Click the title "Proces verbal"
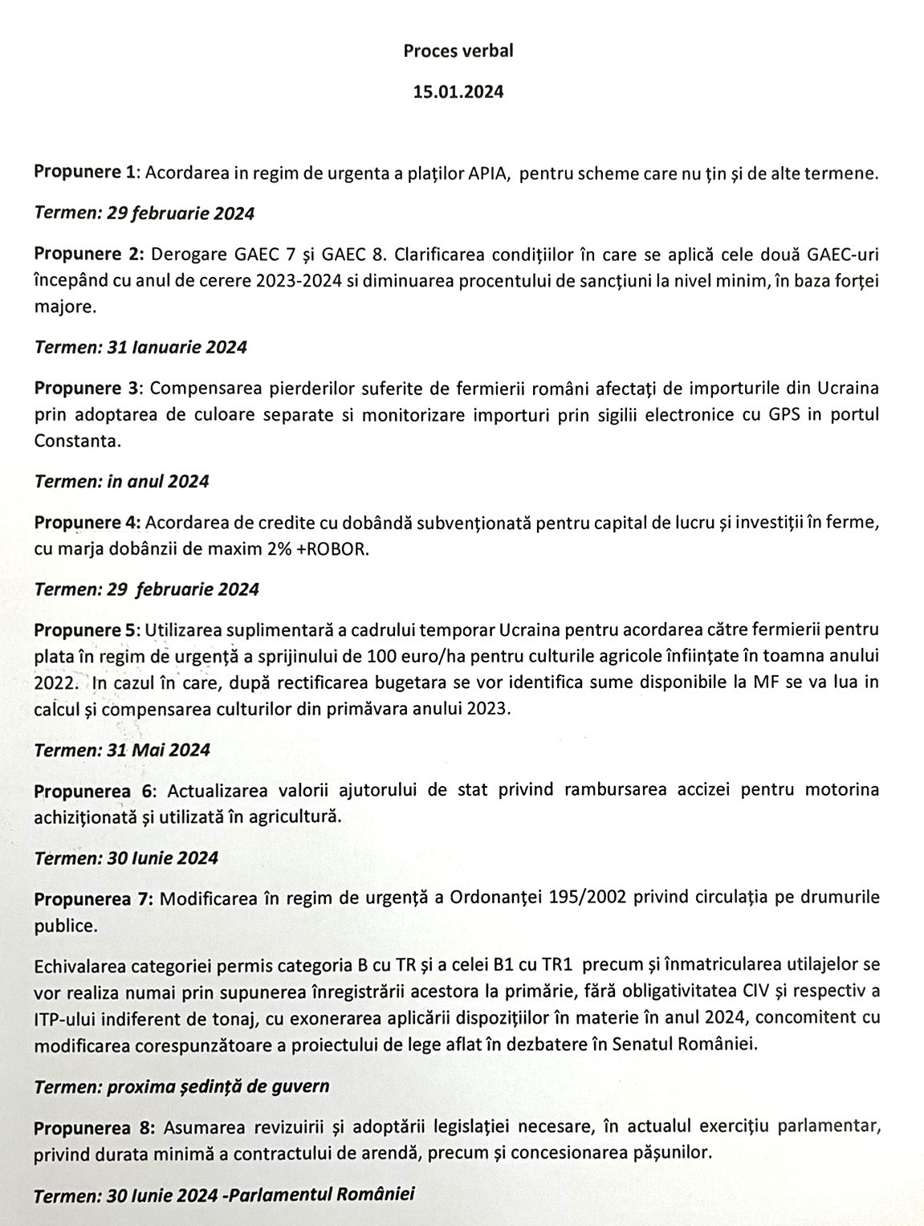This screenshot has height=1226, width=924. pyautogui.click(x=458, y=51)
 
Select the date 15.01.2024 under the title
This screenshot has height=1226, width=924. pyautogui.click(x=458, y=92)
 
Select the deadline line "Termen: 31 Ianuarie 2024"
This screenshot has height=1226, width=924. pyautogui.click(x=140, y=347)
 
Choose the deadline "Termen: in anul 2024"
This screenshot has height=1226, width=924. pyautogui.click(x=121, y=482)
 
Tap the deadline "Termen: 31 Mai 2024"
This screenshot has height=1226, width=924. pyautogui.click(x=122, y=750)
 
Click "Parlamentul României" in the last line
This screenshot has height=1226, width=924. pyautogui.click(x=322, y=1194)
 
